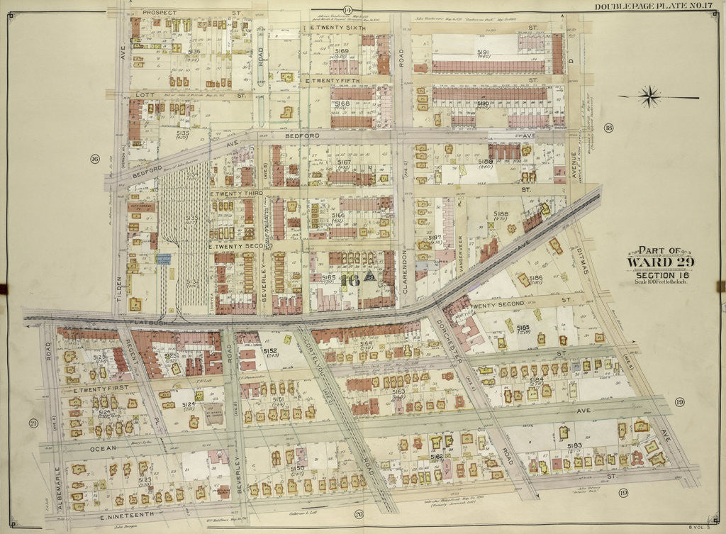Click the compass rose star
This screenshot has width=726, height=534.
[x=647, y=95]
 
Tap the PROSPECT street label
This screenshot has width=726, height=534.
[x=160, y=13]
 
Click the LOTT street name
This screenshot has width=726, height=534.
[x=146, y=94]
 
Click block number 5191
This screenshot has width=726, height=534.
[x=484, y=52]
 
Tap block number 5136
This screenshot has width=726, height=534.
[x=193, y=51]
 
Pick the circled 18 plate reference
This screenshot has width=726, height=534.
[x=608, y=128]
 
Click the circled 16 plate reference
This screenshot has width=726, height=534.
[x=94, y=158]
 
